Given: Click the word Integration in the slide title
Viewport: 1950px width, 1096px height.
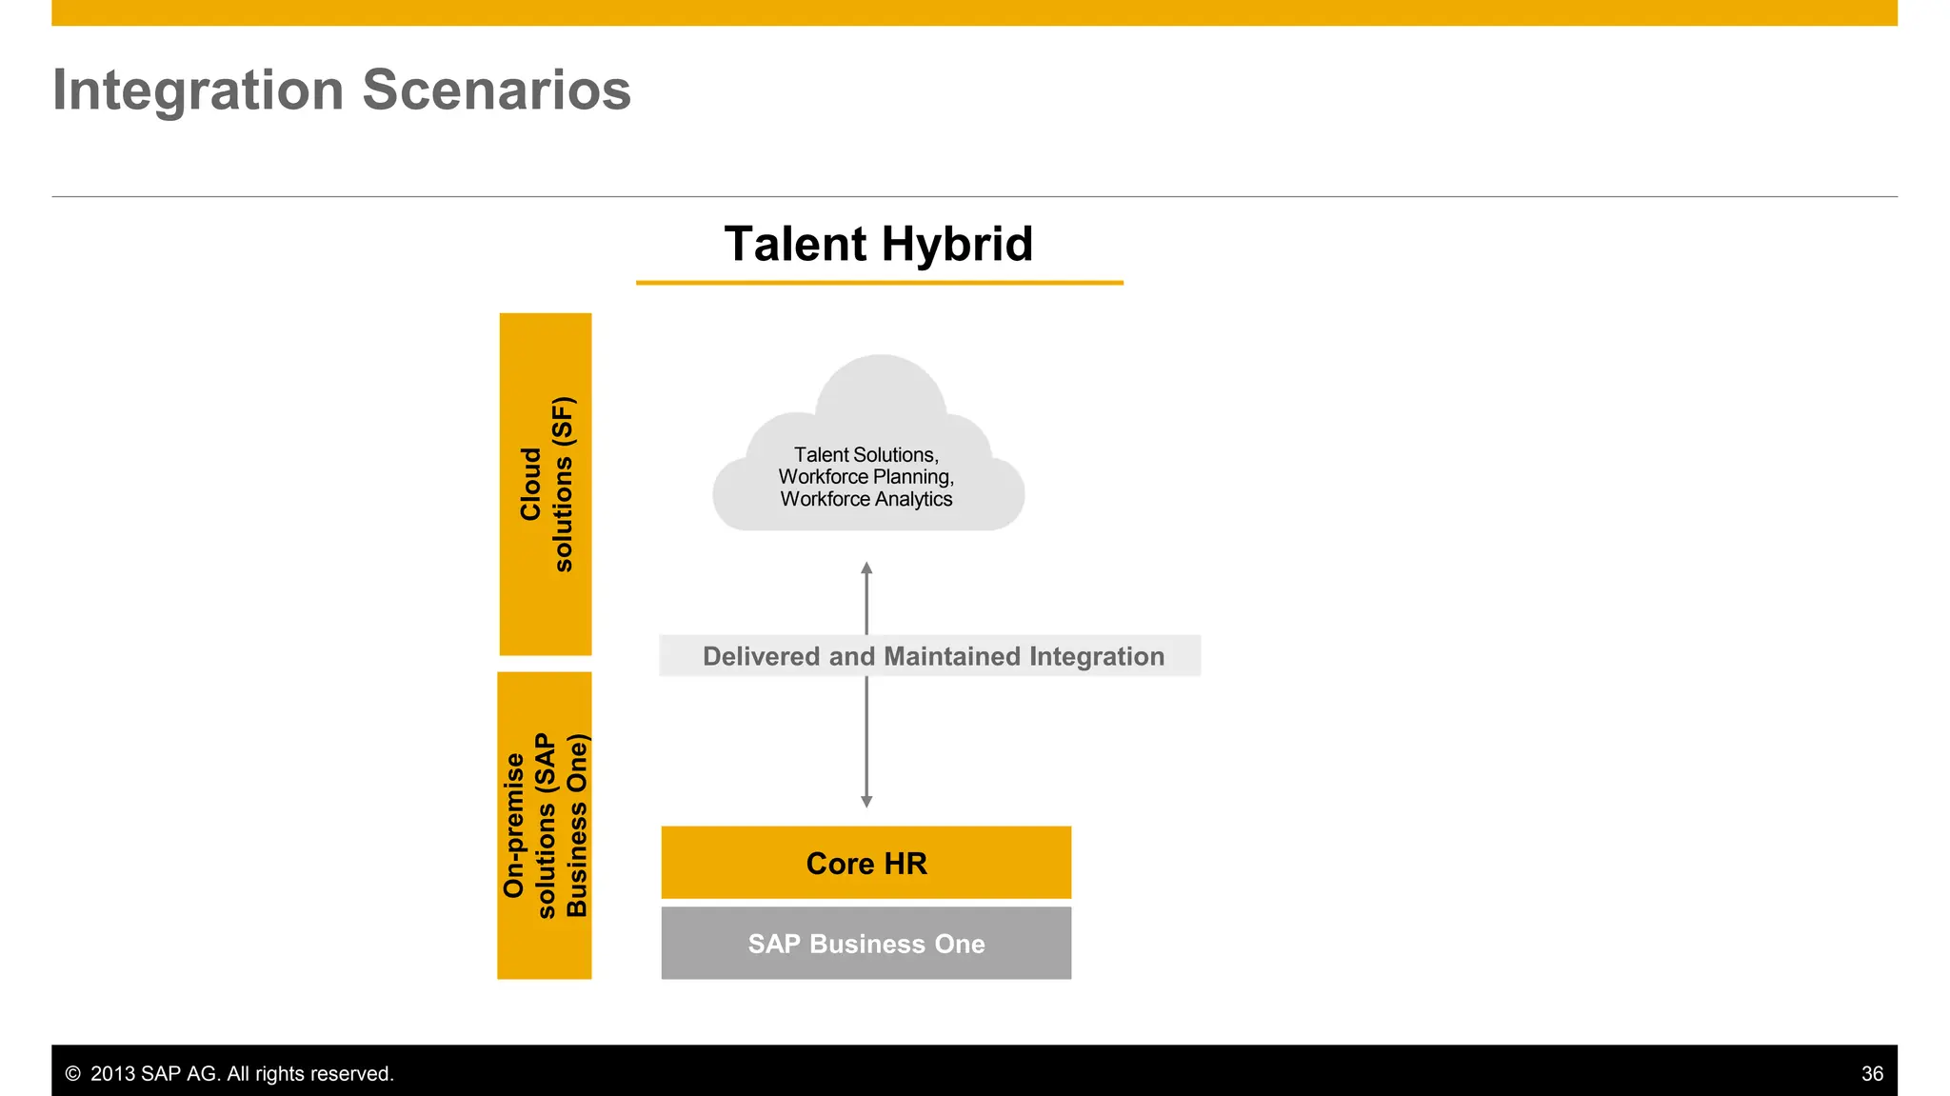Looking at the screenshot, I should click(x=197, y=90).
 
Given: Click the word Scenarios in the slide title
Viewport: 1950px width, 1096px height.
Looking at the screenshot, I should click(x=496, y=90).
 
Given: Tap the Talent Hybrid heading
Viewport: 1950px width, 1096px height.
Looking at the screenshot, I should click(x=878, y=244).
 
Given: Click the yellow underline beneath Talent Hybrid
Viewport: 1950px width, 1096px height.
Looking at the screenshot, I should click(x=879, y=282).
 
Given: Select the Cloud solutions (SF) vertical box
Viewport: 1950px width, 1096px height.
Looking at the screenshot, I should click(x=546, y=484).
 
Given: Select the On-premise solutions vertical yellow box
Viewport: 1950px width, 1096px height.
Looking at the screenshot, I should click(x=545, y=825).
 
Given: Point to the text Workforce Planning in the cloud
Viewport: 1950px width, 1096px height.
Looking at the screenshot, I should click(x=866, y=477).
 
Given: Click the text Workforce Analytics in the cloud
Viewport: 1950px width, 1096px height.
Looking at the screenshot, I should click(x=866, y=499).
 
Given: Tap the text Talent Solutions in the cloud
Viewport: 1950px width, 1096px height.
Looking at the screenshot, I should click(x=866, y=455).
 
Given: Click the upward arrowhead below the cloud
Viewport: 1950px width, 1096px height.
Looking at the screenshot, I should click(x=866, y=568).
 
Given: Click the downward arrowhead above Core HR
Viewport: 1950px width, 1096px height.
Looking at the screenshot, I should click(x=866, y=801).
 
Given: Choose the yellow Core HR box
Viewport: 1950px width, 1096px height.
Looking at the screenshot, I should click(x=866, y=863).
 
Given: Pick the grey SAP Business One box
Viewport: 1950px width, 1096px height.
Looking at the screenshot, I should click(x=866, y=943).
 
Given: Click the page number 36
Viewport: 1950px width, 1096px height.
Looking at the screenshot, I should click(x=1872, y=1074).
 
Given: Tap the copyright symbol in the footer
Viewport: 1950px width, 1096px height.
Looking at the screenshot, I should click(x=72, y=1074).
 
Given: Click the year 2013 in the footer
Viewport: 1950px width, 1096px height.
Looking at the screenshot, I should click(x=112, y=1074).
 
